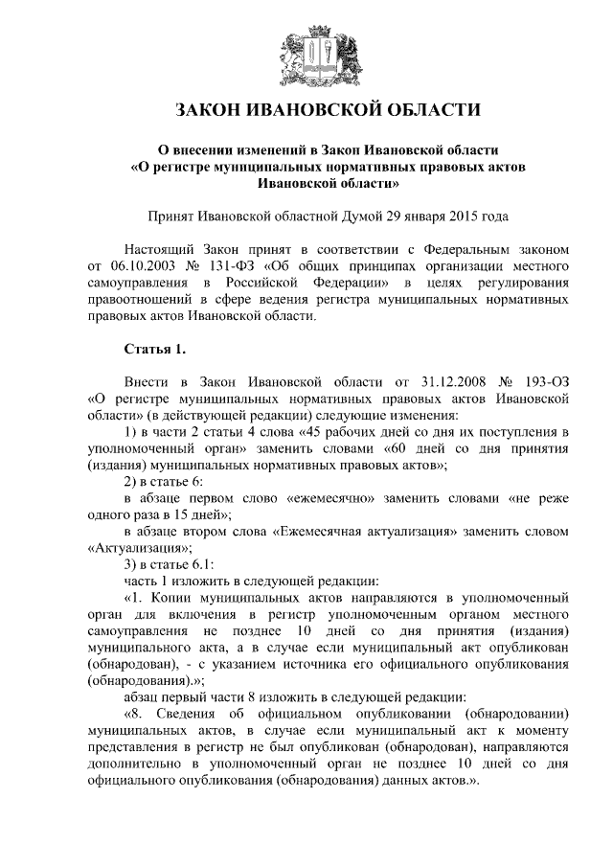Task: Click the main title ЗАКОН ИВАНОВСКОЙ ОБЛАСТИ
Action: (306, 111)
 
